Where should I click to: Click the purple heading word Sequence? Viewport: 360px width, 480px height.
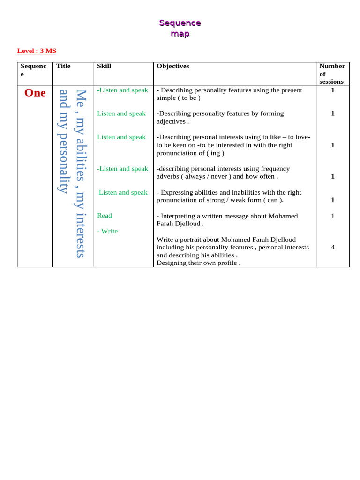[180, 23]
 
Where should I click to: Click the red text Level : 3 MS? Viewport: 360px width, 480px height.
[37, 51]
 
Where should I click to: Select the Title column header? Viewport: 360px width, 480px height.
[63, 66]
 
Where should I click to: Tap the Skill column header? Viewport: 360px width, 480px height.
[104, 66]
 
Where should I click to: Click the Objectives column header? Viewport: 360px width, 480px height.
[173, 66]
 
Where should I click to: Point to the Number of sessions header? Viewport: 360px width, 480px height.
[332, 74]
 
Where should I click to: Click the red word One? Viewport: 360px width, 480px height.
[35, 93]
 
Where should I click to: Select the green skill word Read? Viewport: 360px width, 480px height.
[105, 216]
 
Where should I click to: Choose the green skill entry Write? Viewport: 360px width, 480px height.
[109, 231]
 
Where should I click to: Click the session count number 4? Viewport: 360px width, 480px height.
[332, 247]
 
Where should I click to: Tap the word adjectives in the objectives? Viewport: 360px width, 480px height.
[171, 121]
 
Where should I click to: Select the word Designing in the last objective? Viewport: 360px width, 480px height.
[171, 263]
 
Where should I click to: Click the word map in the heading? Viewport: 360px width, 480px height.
[180, 34]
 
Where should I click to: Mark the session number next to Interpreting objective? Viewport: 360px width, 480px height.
[332, 216]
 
